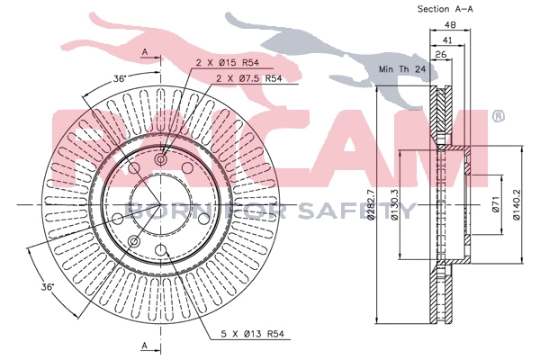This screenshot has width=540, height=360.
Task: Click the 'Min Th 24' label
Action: click(400, 69)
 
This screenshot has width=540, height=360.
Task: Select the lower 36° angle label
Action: click(48, 286)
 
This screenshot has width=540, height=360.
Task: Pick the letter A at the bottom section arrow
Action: click(145, 346)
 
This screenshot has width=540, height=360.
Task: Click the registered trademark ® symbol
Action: click(498, 115)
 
